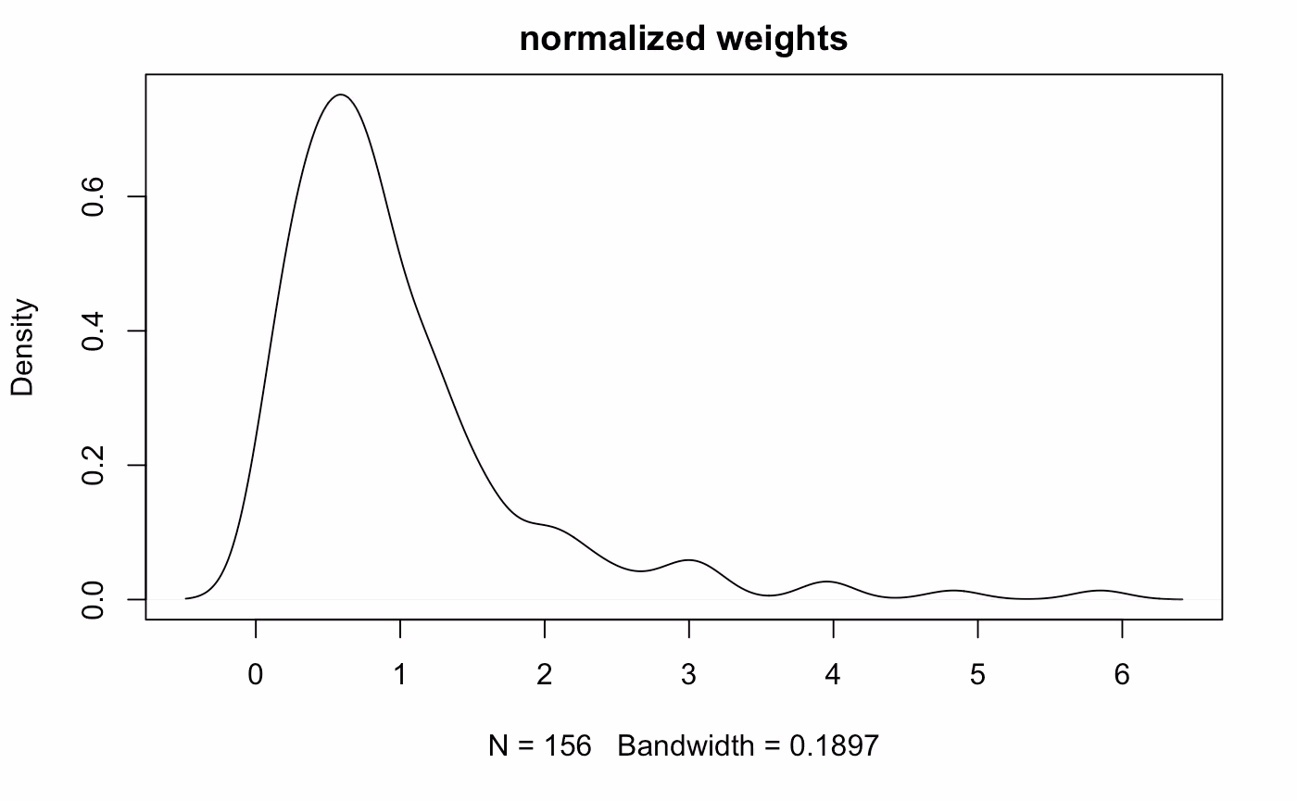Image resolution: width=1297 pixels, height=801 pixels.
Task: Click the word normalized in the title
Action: pyautogui.click(x=612, y=39)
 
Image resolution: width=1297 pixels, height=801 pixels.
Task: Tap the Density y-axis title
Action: pyautogui.click(x=23, y=347)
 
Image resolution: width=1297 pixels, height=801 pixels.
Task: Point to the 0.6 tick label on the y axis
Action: pyautogui.click(x=93, y=196)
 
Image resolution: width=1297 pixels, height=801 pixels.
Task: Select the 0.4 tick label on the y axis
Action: pyautogui.click(x=93, y=332)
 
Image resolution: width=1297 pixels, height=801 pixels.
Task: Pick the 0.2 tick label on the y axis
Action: pyautogui.click(x=93, y=465)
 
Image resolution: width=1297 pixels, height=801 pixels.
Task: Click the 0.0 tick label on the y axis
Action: pyautogui.click(x=93, y=600)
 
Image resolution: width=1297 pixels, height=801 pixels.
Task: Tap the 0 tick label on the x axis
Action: pyautogui.click(x=256, y=675)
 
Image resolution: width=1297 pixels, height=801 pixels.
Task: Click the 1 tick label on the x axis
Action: pyautogui.click(x=400, y=675)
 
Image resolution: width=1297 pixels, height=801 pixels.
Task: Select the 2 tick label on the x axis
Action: pyautogui.click(x=545, y=675)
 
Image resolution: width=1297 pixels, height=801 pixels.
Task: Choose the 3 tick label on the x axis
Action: pyautogui.click(x=689, y=675)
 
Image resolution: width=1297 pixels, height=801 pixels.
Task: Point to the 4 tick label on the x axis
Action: pyautogui.click(x=833, y=675)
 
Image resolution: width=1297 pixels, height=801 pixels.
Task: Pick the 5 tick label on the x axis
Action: pyautogui.click(x=978, y=675)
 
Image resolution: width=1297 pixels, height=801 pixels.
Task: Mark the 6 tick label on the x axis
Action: pyautogui.click(x=1122, y=675)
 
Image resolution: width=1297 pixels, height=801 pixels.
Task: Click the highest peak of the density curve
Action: pyautogui.click(x=341, y=94)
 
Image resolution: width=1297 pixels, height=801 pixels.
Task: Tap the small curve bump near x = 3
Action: pyautogui.click(x=689, y=560)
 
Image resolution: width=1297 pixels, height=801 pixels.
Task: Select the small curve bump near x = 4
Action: pyautogui.click(x=826, y=582)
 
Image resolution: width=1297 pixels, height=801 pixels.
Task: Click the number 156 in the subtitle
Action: pyautogui.click(x=567, y=745)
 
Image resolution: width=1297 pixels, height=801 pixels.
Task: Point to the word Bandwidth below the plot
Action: pyautogui.click(x=686, y=745)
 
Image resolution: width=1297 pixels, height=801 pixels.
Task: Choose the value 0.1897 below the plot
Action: pyautogui.click(x=835, y=745)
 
